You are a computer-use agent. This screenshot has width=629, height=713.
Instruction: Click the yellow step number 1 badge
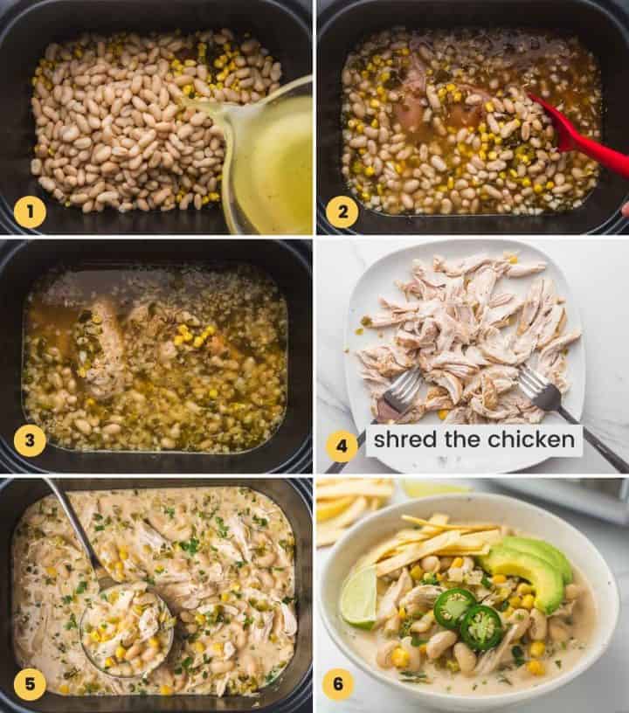[x=30, y=211]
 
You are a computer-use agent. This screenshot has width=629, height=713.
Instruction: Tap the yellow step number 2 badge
[x=342, y=211]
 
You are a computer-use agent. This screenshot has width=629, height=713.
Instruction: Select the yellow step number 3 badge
[x=30, y=440]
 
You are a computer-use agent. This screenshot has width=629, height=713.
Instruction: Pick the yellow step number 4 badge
[x=342, y=446]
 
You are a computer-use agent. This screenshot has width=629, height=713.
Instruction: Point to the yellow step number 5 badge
[x=30, y=684]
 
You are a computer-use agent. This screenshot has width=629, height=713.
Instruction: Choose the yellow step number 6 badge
[x=338, y=684]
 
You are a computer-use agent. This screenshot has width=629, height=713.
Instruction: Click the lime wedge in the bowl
[x=359, y=597]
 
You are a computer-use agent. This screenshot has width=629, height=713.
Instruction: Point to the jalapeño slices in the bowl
[x=467, y=616]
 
